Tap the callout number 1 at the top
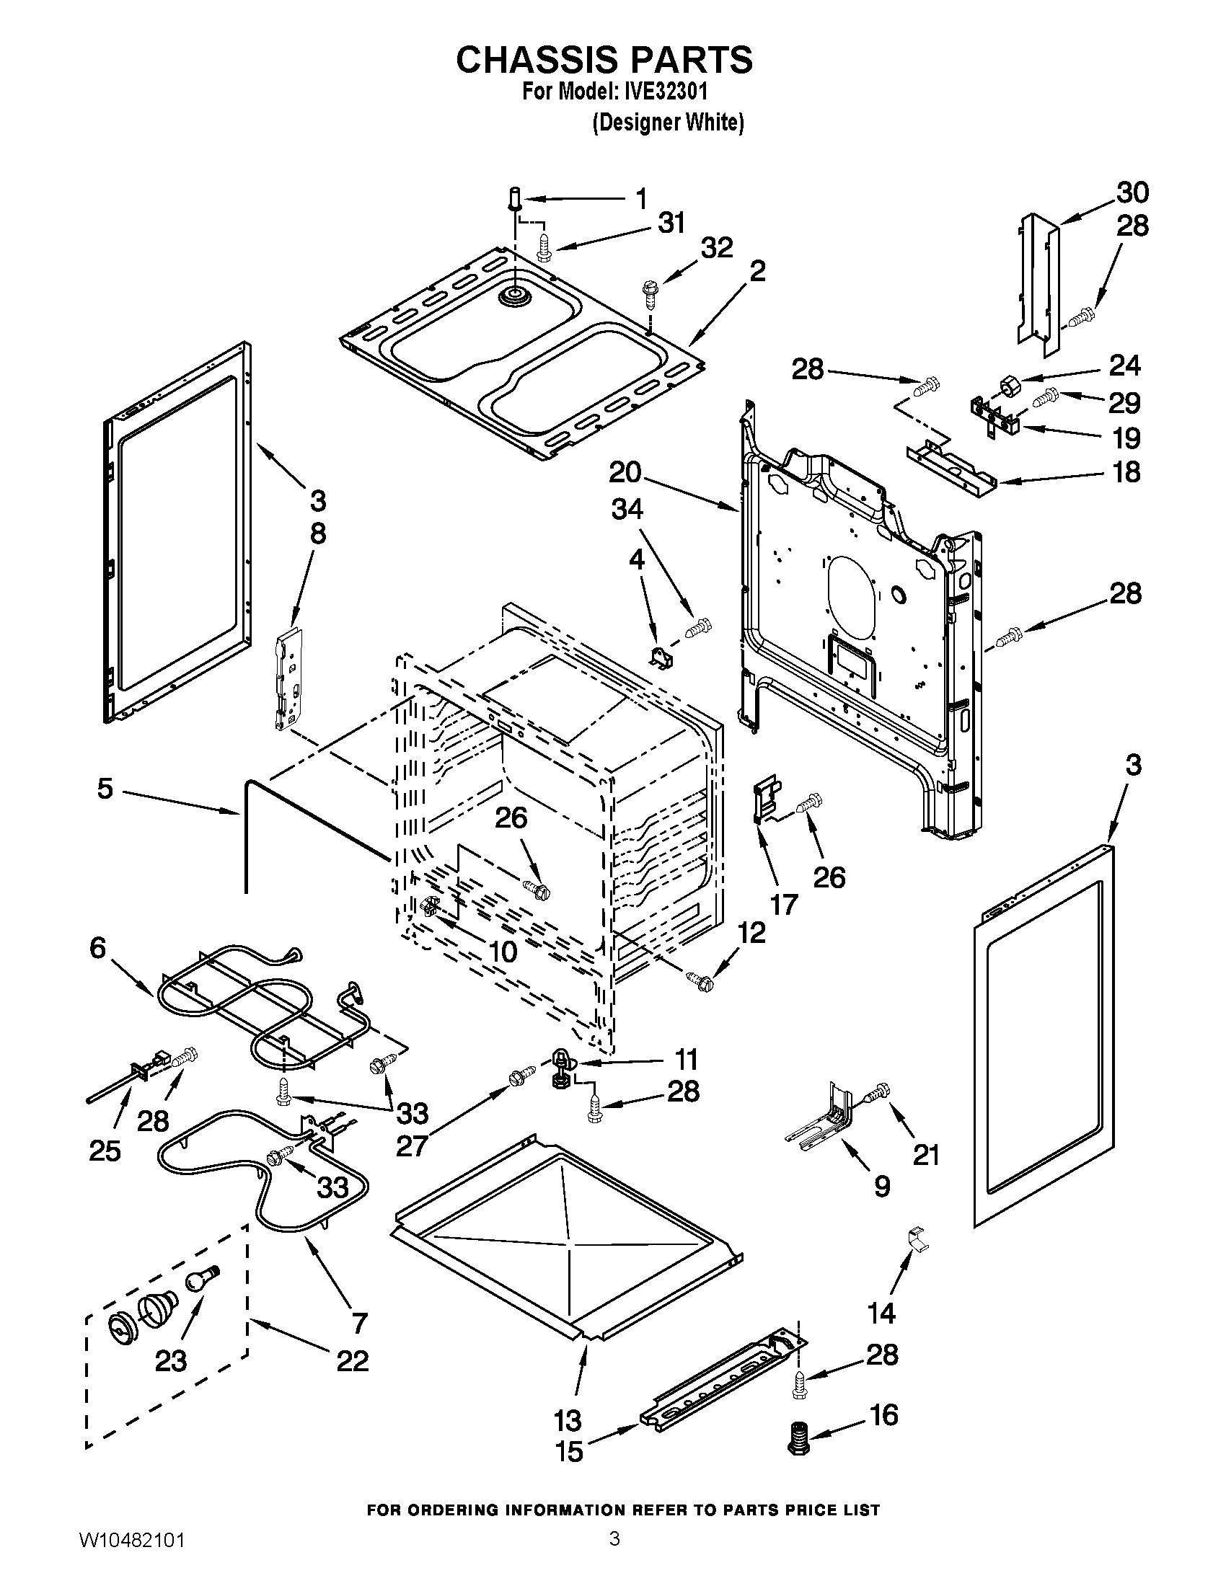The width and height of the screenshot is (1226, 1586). point(640,198)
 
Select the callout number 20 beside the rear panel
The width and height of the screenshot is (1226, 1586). point(625,474)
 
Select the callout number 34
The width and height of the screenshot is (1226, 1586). point(627,510)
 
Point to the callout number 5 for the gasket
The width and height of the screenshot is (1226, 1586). point(105,789)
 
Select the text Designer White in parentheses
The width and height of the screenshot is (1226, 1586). point(669,123)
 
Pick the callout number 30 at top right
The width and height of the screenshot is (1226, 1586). point(1132,193)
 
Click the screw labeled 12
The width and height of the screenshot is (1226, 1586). point(702,982)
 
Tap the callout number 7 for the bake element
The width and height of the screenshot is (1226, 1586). point(360,1323)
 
